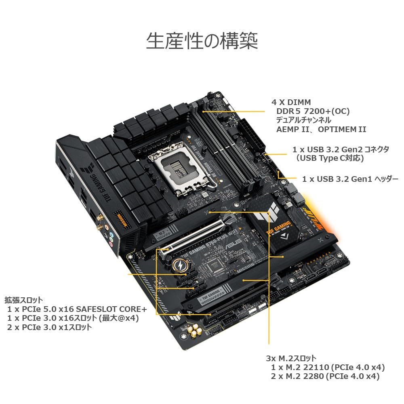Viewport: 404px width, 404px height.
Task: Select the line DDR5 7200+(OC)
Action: [313, 111]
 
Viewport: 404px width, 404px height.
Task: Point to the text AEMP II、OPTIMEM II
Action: [321, 129]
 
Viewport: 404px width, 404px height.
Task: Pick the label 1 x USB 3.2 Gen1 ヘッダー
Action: [350, 179]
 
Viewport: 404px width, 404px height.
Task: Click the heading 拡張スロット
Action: [23, 300]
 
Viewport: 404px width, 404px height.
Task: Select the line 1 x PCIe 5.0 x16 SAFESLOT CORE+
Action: [77, 309]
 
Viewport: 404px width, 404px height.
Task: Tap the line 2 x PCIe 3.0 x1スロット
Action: [49, 327]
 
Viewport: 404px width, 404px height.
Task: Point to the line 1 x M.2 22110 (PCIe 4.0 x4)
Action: [328, 367]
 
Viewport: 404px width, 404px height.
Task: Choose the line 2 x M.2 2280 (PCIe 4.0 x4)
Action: [325, 376]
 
